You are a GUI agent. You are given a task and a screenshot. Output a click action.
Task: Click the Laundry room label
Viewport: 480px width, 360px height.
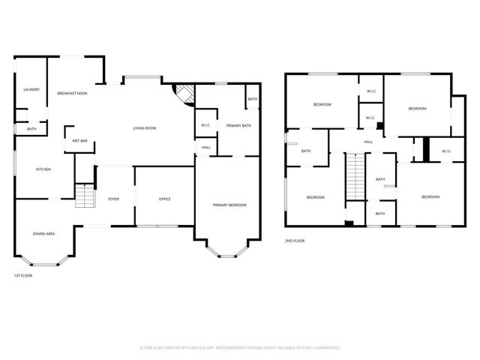click(31, 89)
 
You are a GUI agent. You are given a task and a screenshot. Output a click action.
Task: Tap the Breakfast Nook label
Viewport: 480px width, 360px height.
click(73, 93)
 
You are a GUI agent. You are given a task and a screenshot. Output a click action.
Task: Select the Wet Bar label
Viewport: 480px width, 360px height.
click(79, 141)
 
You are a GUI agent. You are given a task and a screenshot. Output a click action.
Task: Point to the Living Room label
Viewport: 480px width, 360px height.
click(145, 128)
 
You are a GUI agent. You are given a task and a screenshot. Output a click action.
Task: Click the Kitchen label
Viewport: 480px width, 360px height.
click(43, 169)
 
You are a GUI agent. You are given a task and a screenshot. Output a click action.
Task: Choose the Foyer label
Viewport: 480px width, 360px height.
click(114, 199)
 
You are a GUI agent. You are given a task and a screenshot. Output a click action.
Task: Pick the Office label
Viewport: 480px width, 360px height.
click(165, 199)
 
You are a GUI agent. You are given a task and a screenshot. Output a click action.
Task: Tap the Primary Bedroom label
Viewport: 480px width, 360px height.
click(229, 205)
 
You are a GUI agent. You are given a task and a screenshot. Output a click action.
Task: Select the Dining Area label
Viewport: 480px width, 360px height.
click(43, 234)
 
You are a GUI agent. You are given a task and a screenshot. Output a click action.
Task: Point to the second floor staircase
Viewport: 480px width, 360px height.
click(354, 177)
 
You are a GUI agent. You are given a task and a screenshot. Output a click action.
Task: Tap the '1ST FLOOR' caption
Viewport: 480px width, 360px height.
click(22, 275)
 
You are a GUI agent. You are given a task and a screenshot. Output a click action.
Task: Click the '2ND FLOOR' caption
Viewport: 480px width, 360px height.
click(295, 241)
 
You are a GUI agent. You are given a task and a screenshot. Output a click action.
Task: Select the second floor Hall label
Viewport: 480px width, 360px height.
click(368, 142)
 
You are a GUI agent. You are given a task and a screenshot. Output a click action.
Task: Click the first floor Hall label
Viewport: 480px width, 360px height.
click(205, 147)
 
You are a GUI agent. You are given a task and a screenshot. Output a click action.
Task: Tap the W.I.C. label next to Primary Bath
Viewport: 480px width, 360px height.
click(205, 125)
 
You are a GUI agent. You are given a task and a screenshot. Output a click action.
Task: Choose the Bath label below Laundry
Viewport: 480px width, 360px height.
click(31, 129)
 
